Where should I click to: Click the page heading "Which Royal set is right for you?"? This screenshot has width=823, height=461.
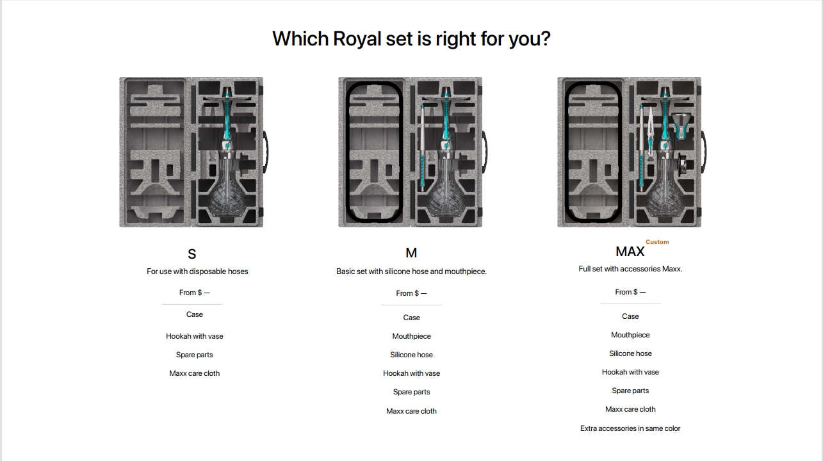411,38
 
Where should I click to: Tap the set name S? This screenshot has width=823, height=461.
191,254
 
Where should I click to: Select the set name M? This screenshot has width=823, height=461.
411,253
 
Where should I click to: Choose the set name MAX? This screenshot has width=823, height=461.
630,252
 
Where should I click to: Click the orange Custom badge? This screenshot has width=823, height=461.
657,242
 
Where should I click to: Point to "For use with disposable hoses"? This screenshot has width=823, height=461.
197,271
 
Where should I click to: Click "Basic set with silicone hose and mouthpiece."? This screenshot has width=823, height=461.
411,271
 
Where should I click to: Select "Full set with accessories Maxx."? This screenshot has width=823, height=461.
630,269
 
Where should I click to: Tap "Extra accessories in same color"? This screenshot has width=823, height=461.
630,428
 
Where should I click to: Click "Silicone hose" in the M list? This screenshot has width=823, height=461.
411,355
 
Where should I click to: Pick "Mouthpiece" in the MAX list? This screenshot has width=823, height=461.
630,335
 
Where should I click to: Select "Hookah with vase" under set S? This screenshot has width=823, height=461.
195,336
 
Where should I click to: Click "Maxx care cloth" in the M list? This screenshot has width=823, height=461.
411,411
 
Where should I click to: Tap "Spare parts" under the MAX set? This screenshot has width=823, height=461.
630,391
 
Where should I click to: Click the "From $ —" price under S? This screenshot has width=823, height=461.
195,293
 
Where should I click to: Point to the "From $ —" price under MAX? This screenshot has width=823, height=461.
630,292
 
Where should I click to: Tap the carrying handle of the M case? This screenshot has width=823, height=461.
484,152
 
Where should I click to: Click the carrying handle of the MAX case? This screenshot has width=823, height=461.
704,152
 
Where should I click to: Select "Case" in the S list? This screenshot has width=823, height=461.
195,314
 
